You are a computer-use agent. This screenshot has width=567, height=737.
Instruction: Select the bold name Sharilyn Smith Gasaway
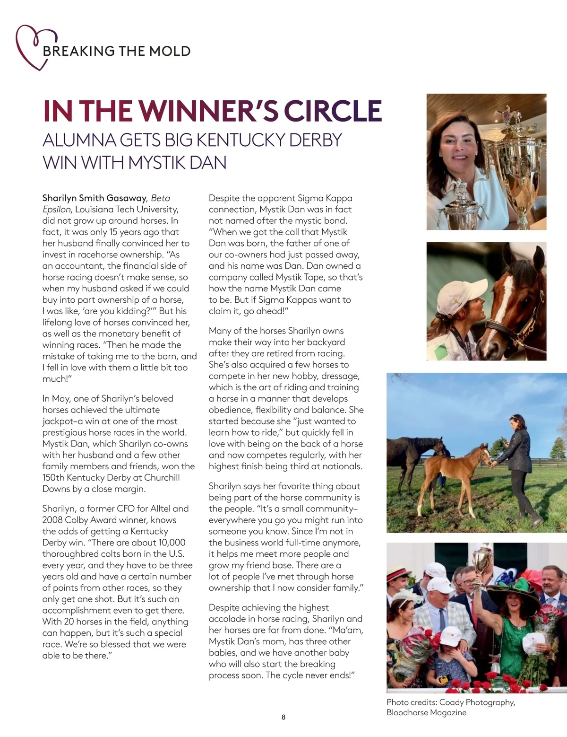click(94, 198)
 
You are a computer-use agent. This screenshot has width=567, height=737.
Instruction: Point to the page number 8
click(283, 717)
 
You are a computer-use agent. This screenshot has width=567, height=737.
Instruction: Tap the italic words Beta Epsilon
click(106, 204)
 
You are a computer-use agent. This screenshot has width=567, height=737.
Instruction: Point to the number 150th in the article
click(54, 478)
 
